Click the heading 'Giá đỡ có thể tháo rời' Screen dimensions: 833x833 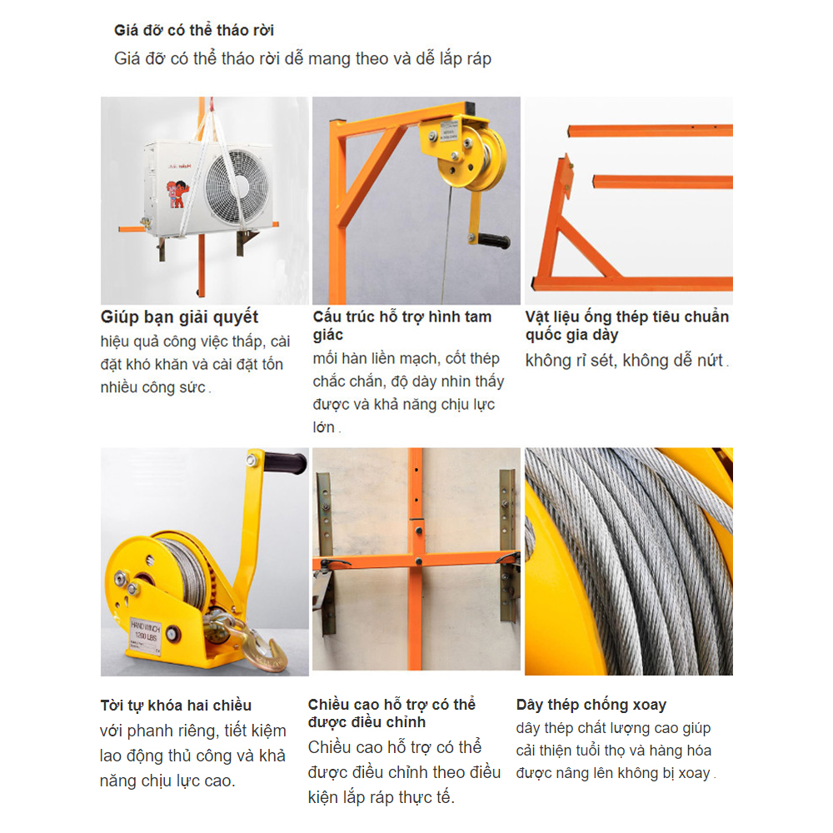click(x=194, y=30)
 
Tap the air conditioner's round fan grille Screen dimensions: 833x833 click(x=237, y=187)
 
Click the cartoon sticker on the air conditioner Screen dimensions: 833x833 click(x=177, y=194)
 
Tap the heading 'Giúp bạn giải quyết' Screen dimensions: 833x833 click(x=179, y=317)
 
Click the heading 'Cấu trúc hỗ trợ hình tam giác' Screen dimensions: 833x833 click(x=402, y=326)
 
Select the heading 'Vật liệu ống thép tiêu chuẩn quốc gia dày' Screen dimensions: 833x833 click(x=627, y=326)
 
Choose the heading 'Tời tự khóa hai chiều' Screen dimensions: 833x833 click(x=176, y=706)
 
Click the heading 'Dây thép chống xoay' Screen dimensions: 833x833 click(x=591, y=705)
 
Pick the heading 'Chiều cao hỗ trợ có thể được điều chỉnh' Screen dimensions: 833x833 click(x=392, y=713)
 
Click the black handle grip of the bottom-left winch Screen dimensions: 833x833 click(x=286, y=461)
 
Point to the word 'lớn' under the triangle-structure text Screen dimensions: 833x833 click(x=323, y=427)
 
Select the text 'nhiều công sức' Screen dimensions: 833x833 click(x=153, y=387)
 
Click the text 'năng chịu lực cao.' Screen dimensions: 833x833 click(x=168, y=781)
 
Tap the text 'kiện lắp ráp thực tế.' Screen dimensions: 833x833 click(x=381, y=797)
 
